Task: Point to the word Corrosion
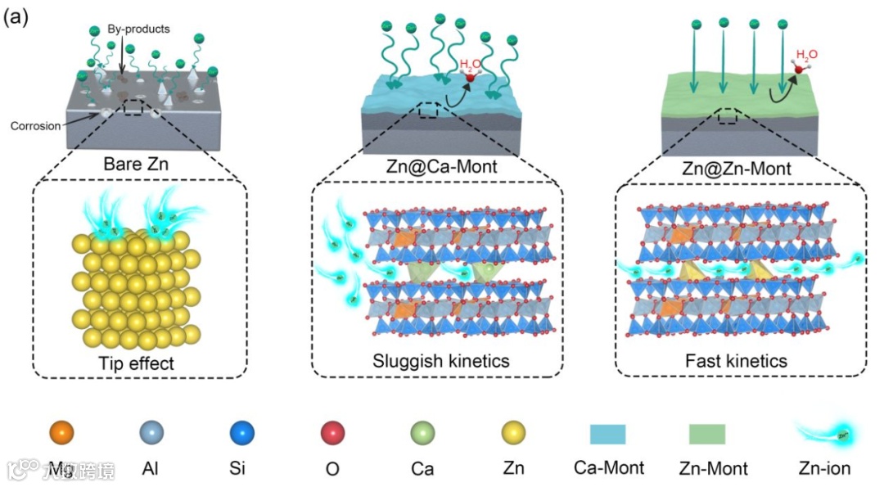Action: click(x=36, y=126)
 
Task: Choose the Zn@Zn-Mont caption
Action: click(x=737, y=169)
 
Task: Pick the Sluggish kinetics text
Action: click(x=441, y=360)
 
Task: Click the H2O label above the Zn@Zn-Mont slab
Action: click(x=806, y=55)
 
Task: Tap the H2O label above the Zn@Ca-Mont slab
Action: click(x=471, y=63)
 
